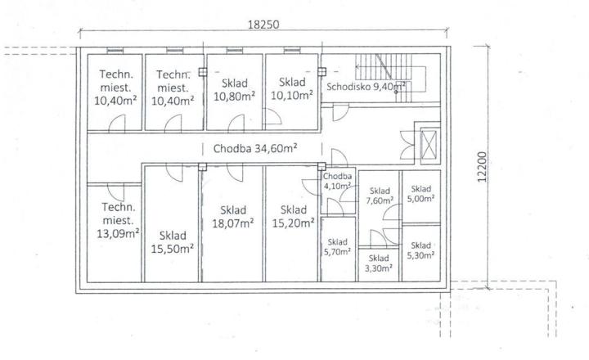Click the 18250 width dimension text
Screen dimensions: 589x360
pyautogui.click(x=263, y=25)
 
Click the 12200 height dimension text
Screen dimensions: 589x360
pyautogui.click(x=483, y=167)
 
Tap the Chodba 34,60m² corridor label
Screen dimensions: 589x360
pyautogui.click(x=255, y=148)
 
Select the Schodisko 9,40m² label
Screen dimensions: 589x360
pyautogui.click(x=366, y=87)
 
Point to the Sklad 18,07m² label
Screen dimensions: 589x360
pyautogui.click(x=233, y=217)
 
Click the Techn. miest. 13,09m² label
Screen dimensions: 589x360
pyautogui.click(x=118, y=220)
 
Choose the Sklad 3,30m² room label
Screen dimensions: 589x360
pyautogui.click(x=379, y=263)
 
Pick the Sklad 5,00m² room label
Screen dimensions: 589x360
pyautogui.click(x=420, y=194)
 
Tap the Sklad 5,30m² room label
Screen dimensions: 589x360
pyautogui.click(x=420, y=250)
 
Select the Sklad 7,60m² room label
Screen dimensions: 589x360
pyautogui.click(x=380, y=196)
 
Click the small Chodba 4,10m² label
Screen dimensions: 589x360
pyautogui.click(x=337, y=181)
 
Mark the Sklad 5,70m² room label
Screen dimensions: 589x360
pyautogui.click(x=337, y=247)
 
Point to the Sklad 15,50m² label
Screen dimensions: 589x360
pyautogui.click(x=173, y=242)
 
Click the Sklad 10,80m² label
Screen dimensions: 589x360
pyautogui.click(x=235, y=89)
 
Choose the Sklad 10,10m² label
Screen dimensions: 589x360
pyautogui.click(x=292, y=88)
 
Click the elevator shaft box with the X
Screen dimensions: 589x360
pyautogui.click(x=429, y=145)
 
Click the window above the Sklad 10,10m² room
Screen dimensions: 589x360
pyautogui.click(x=292, y=51)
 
